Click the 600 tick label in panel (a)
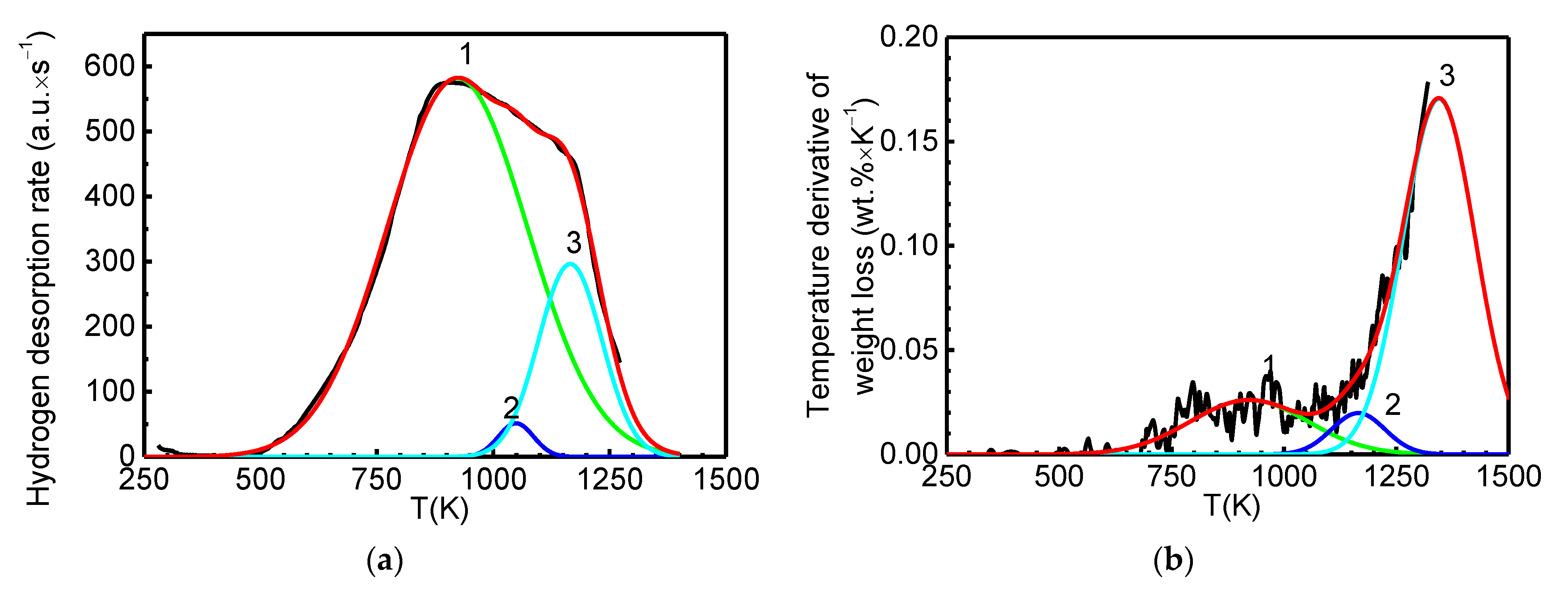tap(109, 66)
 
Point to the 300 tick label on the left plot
tap(109, 261)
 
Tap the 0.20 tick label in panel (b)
tap(909, 37)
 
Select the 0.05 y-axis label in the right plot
tap(909, 350)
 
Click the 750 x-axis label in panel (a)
tap(377, 480)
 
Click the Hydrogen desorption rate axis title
tap(40, 269)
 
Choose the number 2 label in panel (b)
tap(1392, 405)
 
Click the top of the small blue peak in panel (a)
tap(516, 423)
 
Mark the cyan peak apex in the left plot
tap(571, 263)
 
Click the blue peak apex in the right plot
tap(1357, 413)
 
